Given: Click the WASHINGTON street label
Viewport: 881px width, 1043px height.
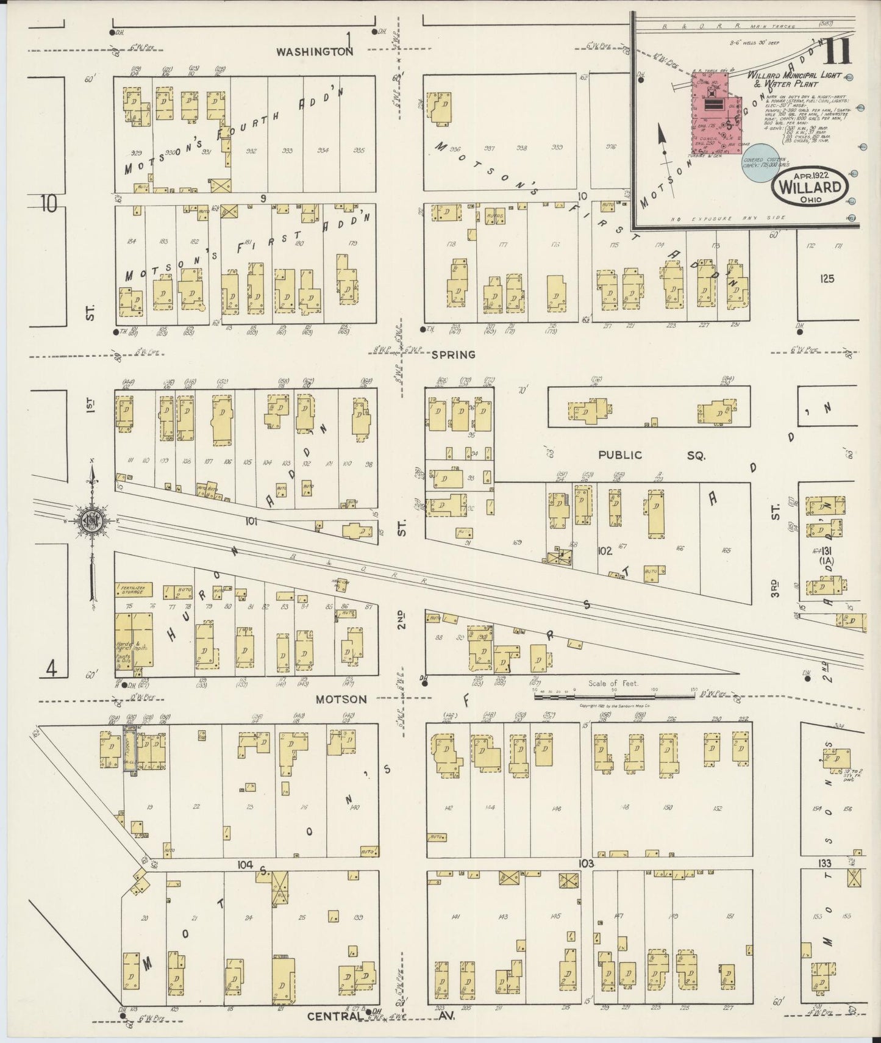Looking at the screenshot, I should pos(314,52).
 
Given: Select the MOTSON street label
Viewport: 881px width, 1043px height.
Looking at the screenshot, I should pos(341,700).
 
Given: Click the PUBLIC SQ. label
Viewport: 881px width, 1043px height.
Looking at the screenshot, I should pos(650,455).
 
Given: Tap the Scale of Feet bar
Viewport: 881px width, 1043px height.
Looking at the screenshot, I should pos(617,695).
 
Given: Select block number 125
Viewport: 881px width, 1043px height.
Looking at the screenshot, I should pos(827,279).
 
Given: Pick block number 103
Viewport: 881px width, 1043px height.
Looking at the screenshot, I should pos(586,864).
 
